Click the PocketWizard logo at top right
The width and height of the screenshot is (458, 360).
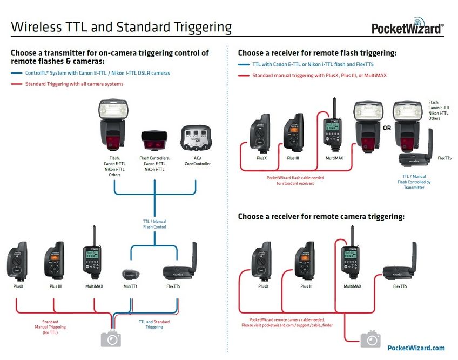pyautogui.click(x=408, y=28)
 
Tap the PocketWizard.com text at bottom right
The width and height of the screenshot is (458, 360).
pyautogui.click(x=416, y=348)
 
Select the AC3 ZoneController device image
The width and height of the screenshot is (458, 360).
pyautogui.click(x=196, y=139)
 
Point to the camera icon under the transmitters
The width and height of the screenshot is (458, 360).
pyautogui.click(x=111, y=338)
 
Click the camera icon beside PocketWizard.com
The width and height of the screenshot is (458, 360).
pyautogui.click(x=370, y=339)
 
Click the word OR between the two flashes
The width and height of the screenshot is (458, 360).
pyautogui.click(x=387, y=129)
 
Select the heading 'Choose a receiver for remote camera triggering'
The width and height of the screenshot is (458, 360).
pyautogui.click(x=321, y=216)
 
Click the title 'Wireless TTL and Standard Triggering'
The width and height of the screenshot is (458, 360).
pyautogui.click(x=122, y=27)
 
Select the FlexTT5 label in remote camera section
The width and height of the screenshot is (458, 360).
pyautogui.click(x=400, y=286)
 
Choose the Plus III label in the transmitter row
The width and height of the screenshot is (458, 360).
pyautogui.click(x=56, y=286)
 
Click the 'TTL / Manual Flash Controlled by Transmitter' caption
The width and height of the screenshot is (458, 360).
pyautogui.click(x=414, y=182)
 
